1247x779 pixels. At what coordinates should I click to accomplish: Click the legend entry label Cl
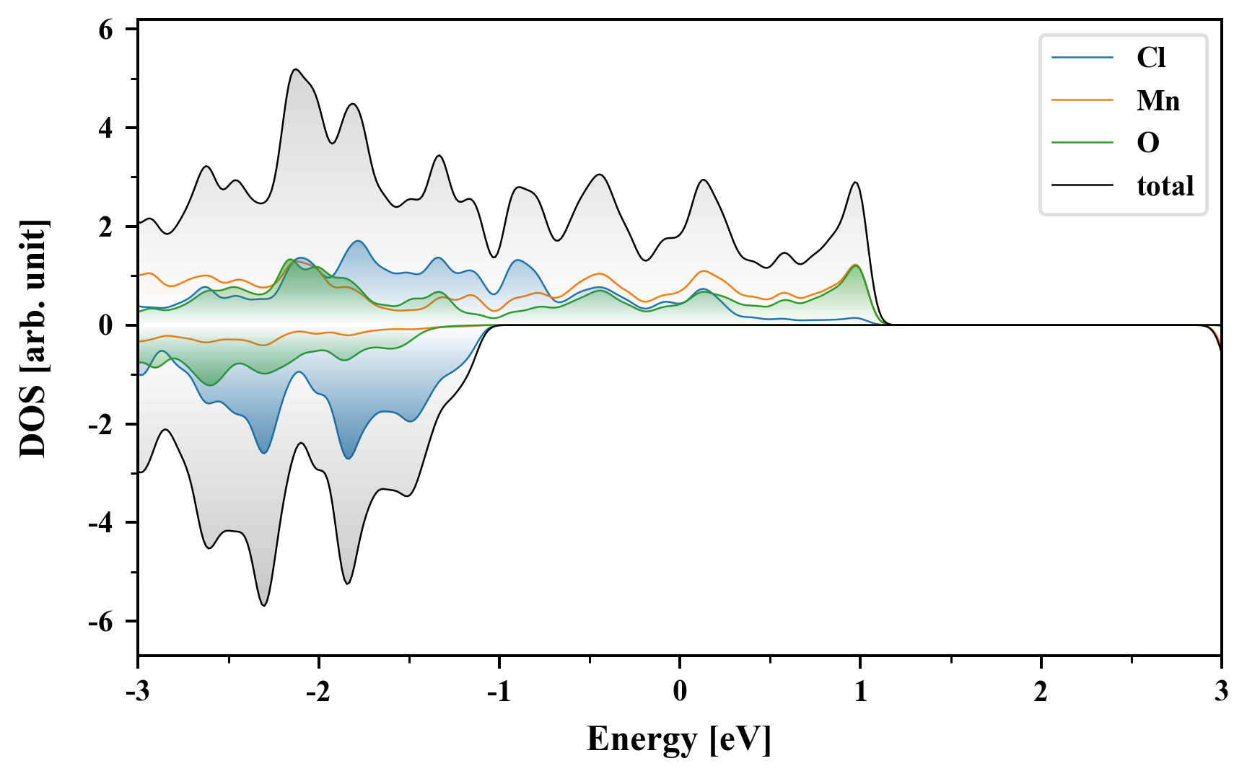[x=1151, y=58]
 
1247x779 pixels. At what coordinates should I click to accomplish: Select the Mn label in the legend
[x=1158, y=100]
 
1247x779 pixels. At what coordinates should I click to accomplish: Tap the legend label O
[x=1148, y=143]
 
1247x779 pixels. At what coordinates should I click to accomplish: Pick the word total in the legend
[x=1165, y=186]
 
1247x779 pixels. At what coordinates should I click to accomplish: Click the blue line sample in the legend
[x=1082, y=58]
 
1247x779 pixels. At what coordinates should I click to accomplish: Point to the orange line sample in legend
[x=1082, y=100]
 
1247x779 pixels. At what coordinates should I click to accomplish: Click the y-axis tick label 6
[x=106, y=30]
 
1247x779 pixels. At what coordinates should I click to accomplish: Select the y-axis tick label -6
[x=101, y=622]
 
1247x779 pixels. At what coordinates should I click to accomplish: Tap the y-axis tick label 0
[x=106, y=326]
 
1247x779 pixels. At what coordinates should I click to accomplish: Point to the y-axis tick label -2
[x=101, y=425]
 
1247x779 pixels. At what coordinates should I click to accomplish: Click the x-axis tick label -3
[x=137, y=692]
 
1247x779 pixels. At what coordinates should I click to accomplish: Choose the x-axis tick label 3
[x=1221, y=692]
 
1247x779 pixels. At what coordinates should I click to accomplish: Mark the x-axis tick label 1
[x=860, y=692]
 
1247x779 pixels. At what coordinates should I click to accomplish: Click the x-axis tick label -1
[x=499, y=692]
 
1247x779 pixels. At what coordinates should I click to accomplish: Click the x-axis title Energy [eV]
[x=679, y=739]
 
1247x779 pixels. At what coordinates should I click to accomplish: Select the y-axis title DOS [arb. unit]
[x=33, y=339]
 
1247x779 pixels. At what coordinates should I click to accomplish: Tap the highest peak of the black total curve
[x=296, y=69]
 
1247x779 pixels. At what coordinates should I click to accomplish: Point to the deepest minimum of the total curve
[x=264, y=605]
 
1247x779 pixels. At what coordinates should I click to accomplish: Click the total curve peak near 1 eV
[x=856, y=182]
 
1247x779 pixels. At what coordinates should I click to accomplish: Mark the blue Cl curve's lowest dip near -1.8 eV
[x=349, y=458]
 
